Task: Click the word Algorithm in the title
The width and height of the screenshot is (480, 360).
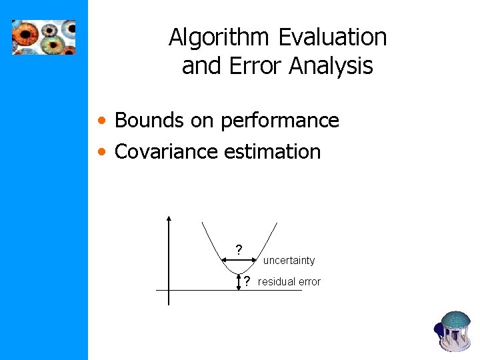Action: (x=219, y=37)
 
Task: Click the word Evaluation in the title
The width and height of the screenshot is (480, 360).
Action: (x=332, y=37)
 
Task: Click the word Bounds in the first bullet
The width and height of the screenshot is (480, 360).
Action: (x=149, y=121)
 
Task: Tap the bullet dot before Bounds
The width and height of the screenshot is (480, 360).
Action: (x=101, y=121)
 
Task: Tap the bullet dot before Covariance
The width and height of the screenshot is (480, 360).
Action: (x=101, y=152)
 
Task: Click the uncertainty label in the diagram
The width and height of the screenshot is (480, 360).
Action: (x=288, y=260)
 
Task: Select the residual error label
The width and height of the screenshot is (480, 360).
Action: (x=289, y=281)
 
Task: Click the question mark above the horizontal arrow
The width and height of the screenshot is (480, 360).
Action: (x=239, y=250)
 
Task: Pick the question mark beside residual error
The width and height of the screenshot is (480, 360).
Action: (x=247, y=281)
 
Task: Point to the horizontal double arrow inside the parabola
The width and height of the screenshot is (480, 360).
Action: (x=239, y=261)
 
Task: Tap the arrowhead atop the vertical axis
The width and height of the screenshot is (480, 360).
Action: (x=169, y=218)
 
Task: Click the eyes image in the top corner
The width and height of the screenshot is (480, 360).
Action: (x=43, y=37)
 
